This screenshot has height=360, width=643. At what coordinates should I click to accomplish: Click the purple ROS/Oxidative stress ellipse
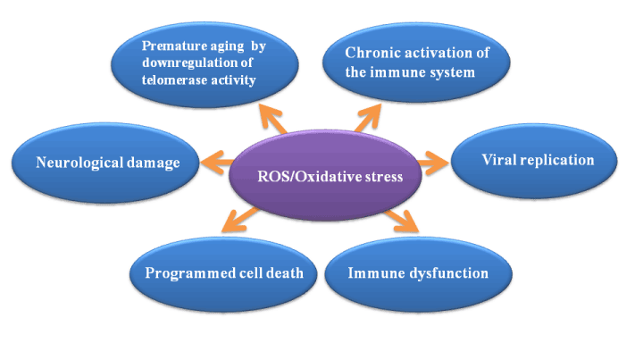(x=325, y=175)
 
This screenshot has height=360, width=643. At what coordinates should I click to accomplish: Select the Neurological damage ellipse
(x=105, y=163)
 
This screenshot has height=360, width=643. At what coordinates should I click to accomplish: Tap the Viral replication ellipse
(x=534, y=161)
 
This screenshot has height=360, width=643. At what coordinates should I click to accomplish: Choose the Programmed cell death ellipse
(x=223, y=274)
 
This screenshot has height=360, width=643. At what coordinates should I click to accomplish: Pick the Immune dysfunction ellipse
(x=418, y=274)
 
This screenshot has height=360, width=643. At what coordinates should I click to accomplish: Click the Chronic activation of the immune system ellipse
(x=416, y=63)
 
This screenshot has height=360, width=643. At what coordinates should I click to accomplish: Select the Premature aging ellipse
(x=205, y=65)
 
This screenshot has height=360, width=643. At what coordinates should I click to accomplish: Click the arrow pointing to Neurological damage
(x=216, y=163)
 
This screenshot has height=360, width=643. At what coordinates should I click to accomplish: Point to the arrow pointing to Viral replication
(x=433, y=163)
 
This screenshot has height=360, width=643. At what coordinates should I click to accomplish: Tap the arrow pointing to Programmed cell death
(x=240, y=220)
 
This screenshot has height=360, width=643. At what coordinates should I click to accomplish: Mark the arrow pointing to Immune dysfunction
(x=402, y=221)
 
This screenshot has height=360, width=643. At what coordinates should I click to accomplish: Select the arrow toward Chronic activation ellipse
(x=368, y=118)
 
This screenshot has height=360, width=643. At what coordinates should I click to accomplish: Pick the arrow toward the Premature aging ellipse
(x=272, y=118)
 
